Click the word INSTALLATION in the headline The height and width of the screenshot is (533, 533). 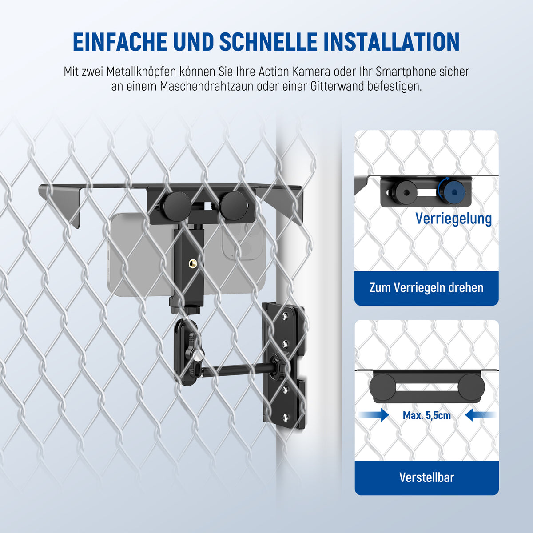(x=392, y=42)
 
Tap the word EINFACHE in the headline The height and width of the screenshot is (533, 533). (x=120, y=42)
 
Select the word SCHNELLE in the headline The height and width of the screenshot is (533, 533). (x=269, y=42)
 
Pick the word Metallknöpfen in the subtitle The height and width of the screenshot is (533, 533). (x=141, y=72)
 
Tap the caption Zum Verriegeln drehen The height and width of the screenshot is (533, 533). (x=426, y=288)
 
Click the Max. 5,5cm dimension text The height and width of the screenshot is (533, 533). (x=427, y=415)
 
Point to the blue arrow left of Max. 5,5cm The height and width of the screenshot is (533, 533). (x=374, y=415)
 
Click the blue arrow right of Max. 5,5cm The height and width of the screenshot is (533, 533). (x=480, y=415)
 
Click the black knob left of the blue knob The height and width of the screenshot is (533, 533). (x=406, y=192)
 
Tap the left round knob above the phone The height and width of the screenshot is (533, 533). (x=177, y=206)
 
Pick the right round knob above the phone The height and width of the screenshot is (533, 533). (x=233, y=206)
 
